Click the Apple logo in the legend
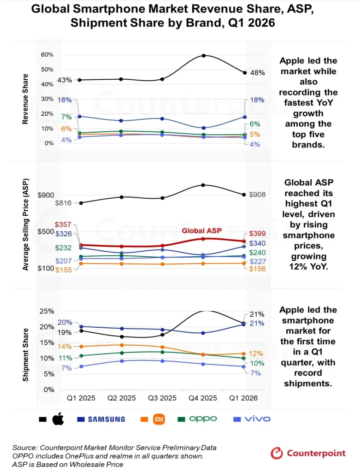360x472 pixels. click(58, 419)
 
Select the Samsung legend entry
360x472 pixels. click(101, 419)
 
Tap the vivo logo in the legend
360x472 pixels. click(257, 419)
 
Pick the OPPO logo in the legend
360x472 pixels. click(203, 419)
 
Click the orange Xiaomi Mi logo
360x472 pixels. click(159, 419)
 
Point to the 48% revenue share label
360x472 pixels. click(257, 73)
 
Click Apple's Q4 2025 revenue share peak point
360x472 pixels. click(204, 55)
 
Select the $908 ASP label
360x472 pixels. click(257, 195)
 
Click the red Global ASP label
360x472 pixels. click(202, 230)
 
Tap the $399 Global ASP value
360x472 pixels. click(257, 234)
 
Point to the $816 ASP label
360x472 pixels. click(63, 203)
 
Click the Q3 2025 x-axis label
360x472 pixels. click(162, 398)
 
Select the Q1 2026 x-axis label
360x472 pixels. click(243, 398)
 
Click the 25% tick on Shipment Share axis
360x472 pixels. click(47, 311)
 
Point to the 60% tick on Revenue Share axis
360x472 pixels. click(47, 54)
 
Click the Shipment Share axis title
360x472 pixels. click(26, 355)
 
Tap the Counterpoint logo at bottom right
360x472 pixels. click(308, 453)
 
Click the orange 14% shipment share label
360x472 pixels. click(65, 347)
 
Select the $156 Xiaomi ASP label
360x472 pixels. click(257, 269)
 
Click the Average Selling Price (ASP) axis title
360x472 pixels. click(26, 224)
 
